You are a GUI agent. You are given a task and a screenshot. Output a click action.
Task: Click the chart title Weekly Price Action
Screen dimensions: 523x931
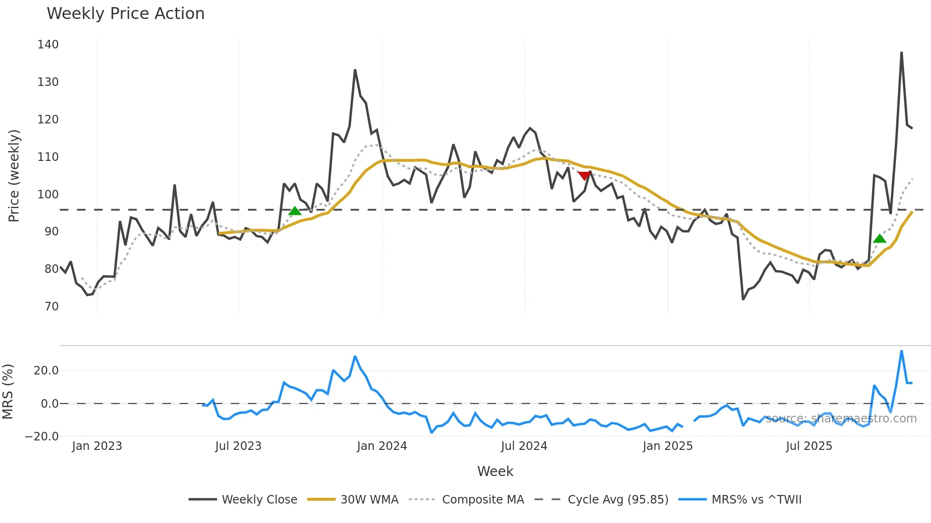pyautogui.click(x=125, y=14)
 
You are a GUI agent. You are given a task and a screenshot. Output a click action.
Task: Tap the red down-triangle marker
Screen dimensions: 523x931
pyautogui.click(x=584, y=176)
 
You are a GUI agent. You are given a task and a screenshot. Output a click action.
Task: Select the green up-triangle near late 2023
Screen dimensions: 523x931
pyautogui.click(x=294, y=211)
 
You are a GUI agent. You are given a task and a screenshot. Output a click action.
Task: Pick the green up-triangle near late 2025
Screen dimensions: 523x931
pyautogui.click(x=879, y=239)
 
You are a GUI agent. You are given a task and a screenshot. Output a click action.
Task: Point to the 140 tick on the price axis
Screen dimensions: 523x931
pyautogui.click(x=48, y=45)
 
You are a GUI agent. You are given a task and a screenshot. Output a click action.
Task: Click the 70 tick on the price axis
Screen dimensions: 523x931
pyautogui.click(x=52, y=307)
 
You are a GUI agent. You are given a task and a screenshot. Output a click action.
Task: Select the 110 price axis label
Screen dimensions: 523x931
pyautogui.click(x=48, y=157)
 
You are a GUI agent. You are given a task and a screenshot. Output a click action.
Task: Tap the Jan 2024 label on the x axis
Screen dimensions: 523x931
pyautogui.click(x=382, y=446)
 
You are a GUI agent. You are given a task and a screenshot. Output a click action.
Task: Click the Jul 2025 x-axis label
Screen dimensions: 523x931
pyautogui.click(x=808, y=446)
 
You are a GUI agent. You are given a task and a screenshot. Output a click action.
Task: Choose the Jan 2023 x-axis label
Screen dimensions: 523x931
pyautogui.click(x=97, y=446)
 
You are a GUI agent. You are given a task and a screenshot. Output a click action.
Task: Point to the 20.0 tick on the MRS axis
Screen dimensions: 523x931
pyautogui.click(x=46, y=371)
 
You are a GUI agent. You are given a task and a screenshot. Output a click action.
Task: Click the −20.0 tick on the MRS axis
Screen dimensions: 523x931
pyautogui.click(x=42, y=437)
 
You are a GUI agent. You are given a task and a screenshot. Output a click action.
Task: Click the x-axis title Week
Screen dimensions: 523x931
pyautogui.click(x=495, y=471)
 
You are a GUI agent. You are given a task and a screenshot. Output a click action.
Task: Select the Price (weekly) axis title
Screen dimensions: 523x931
pyautogui.click(x=14, y=176)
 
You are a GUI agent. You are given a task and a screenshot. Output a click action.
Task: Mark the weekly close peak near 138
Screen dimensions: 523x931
pyautogui.click(x=901, y=53)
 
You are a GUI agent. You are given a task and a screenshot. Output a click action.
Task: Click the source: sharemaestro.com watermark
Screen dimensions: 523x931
pyautogui.click(x=841, y=419)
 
